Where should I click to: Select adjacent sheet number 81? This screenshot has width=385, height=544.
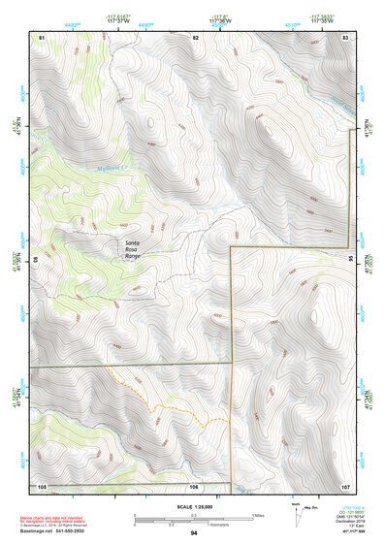click(x=42, y=37)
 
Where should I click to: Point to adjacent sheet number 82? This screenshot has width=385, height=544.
click(x=195, y=37)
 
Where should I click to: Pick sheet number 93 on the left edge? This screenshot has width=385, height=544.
click(x=36, y=261)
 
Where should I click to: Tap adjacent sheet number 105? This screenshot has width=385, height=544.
click(x=42, y=485)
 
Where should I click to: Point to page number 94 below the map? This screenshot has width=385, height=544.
click(x=194, y=532)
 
